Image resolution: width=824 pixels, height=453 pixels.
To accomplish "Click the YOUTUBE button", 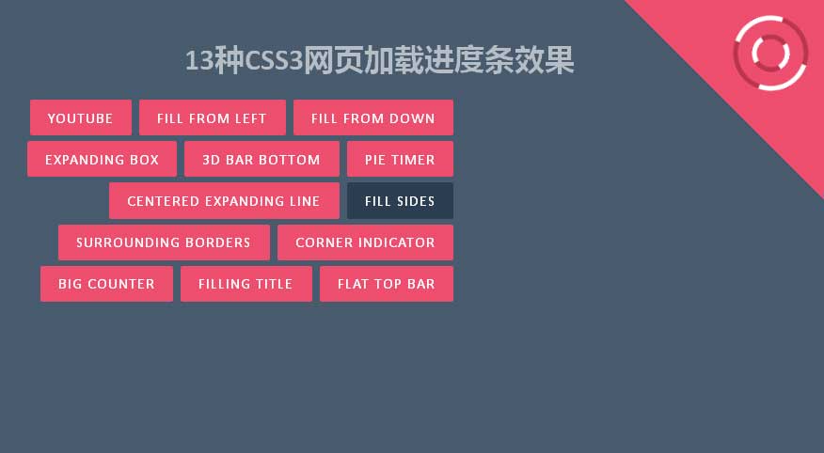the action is (80, 117).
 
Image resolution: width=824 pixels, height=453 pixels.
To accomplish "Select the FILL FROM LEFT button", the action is (213, 117).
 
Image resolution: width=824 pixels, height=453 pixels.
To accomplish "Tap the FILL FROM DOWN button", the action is (373, 117).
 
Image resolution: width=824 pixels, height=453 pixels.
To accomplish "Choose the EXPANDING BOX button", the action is (102, 159).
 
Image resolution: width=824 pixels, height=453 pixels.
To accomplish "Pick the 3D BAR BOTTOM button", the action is (261, 159).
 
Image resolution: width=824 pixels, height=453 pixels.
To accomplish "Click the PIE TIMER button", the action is (400, 159).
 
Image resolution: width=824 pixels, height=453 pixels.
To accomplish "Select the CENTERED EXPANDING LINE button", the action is (224, 200).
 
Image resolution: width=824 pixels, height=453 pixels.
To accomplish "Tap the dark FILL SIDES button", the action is (400, 200).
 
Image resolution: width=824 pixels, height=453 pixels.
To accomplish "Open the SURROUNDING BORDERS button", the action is (164, 242).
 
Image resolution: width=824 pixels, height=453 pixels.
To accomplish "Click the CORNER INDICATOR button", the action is (365, 242).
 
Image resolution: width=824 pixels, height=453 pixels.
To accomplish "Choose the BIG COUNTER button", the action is (106, 284).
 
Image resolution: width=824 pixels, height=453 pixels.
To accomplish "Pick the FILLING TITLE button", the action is (246, 284).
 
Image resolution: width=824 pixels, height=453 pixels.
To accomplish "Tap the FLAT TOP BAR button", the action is (387, 284).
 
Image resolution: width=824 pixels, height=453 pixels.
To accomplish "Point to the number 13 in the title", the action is (199, 60).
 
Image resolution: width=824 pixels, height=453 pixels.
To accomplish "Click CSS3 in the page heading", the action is (274, 60).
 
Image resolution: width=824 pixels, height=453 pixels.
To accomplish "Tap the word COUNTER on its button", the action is (120, 284).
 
